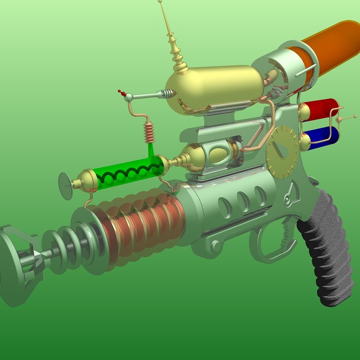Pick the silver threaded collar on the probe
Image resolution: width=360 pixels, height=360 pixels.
(x=167, y=94)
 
